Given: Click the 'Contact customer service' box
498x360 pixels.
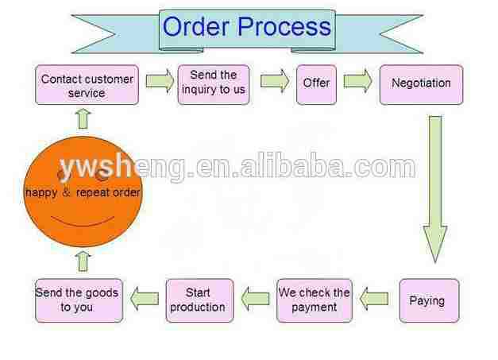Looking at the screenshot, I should click(87, 86).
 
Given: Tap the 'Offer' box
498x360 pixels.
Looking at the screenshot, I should click(316, 83).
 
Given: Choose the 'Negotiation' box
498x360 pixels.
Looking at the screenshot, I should click(421, 83).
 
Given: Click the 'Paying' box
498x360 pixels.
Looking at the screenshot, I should click(427, 300).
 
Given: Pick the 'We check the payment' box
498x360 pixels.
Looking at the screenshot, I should click(314, 300).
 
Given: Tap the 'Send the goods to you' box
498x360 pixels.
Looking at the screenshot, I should click(78, 300).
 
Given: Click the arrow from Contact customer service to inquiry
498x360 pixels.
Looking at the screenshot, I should click(160, 80).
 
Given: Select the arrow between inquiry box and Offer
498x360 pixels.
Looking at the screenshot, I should click(275, 80).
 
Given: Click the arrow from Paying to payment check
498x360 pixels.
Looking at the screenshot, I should click(374, 300).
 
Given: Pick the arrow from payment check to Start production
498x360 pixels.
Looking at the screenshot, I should click(256, 300).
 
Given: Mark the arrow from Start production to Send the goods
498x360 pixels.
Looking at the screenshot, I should click(144, 300).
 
